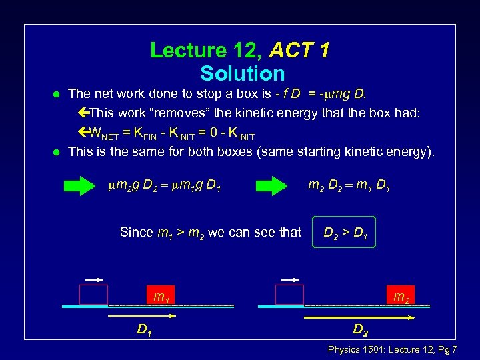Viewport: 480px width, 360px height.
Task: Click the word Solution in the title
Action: coord(242,73)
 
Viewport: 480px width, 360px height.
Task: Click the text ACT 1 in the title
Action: coord(299,51)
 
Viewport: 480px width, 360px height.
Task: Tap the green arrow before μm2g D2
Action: coord(83,186)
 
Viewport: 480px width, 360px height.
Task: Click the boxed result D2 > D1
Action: coord(344,233)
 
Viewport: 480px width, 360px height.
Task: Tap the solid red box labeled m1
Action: coord(161,295)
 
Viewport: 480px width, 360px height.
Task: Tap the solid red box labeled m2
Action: coord(399,295)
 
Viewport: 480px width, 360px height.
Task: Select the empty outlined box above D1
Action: coord(93,295)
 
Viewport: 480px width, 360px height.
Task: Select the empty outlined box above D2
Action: coord(289,295)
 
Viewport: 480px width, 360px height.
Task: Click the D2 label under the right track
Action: coord(360,329)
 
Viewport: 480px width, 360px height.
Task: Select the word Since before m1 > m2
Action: coord(136,233)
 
